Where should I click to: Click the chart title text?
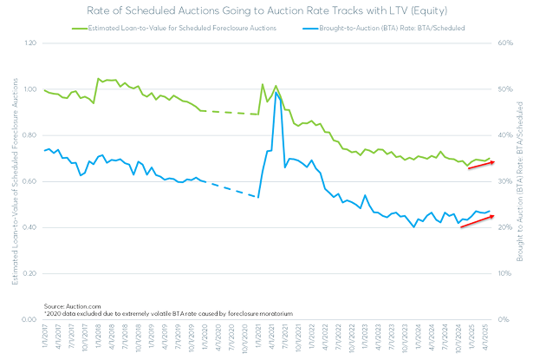click(266, 10)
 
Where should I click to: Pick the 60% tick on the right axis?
click(505, 43)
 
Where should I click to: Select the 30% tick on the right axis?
click(505, 181)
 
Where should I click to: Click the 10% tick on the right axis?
click(505, 273)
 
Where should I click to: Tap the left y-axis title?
click(15, 182)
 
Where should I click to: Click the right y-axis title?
click(522, 182)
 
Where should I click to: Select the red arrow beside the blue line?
click(476, 221)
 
